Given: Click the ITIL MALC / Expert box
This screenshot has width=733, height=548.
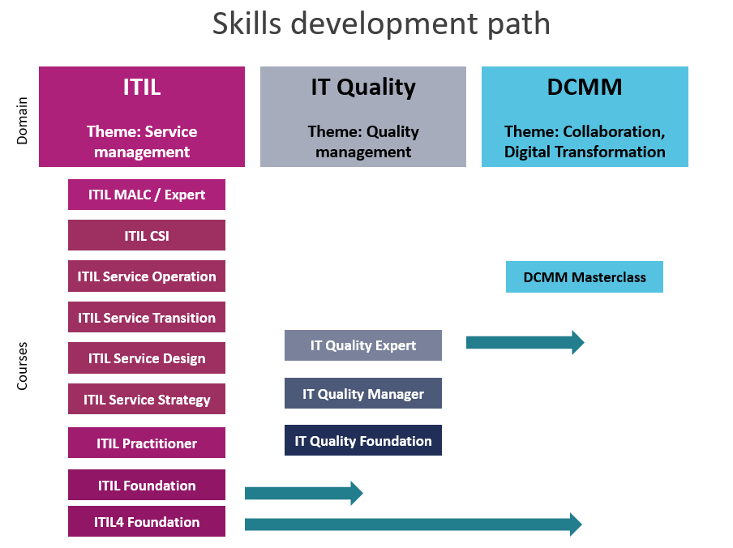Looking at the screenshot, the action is pyautogui.click(x=146, y=195).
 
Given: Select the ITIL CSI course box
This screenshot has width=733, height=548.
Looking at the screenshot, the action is pyautogui.click(x=146, y=235).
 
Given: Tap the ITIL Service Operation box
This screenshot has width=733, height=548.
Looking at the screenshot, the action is pyautogui.click(x=146, y=276).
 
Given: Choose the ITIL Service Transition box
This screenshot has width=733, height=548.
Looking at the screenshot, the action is pyautogui.click(x=146, y=317).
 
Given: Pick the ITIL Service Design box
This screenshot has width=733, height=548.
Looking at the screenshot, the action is pyautogui.click(x=146, y=357).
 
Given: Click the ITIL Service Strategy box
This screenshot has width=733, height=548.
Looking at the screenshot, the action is pyautogui.click(x=146, y=399).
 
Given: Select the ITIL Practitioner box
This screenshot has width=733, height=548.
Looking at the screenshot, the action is pyautogui.click(x=146, y=443).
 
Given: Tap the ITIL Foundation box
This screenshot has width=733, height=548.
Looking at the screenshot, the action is pyautogui.click(x=146, y=485).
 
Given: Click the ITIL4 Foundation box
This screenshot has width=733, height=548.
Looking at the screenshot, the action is pyautogui.click(x=146, y=521).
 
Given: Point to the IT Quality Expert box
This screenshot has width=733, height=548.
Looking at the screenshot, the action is pyautogui.click(x=362, y=345).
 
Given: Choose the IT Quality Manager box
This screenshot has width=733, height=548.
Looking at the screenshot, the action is pyautogui.click(x=362, y=393).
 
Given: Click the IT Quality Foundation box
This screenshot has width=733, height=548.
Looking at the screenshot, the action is pyautogui.click(x=362, y=440).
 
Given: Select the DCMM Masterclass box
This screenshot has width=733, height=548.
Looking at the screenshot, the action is pyautogui.click(x=585, y=277).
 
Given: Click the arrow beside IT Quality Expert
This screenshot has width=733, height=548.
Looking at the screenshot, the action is pyautogui.click(x=525, y=342).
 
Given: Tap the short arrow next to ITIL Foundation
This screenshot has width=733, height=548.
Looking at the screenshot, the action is pyautogui.click(x=304, y=493).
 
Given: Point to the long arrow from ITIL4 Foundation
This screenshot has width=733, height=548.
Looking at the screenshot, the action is pyautogui.click(x=414, y=524).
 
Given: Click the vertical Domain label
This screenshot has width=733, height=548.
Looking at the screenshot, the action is pyautogui.click(x=22, y=121).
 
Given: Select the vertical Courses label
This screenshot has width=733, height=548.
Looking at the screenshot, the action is pyautogui.click(x=22, y=366).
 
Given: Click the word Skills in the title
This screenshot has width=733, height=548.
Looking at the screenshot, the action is pyautogui.click(x=246, y=24).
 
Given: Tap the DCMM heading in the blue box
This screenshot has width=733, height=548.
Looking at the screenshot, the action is pyautogui.click(x=585, y=87).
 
